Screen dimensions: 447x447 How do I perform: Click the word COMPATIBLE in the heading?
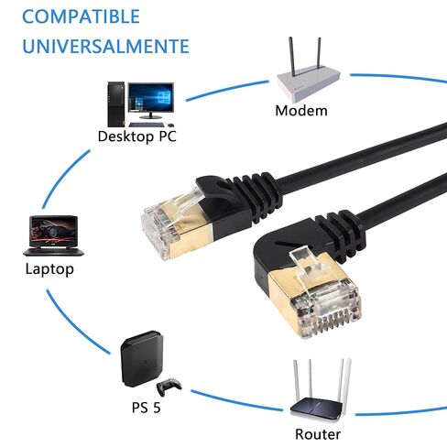(x=81, y=16)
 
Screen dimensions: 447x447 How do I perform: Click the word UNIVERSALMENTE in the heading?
(x=105, y=46)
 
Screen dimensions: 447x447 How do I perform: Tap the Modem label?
(x=301, y=111)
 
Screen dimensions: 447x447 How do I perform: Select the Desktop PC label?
(x=137, y=136)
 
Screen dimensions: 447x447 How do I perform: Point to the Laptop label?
(x=49, y=269)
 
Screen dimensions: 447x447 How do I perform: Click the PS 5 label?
(x=146, y=408)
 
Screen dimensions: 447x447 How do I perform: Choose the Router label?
(x=318, y=434)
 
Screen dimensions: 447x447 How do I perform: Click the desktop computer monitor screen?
(x=151, y=97)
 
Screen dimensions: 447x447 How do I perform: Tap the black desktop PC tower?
(x=116, y=104)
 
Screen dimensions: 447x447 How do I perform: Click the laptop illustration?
(x=53, y=235)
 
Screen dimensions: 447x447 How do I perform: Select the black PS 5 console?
(x=142, y=359)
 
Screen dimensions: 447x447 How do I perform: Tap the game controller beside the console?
(x=169, y=386)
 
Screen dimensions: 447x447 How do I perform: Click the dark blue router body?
(x=316, y=405)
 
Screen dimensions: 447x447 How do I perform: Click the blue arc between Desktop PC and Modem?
(x=226, y=90)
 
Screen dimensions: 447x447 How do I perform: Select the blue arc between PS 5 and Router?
(x=235, y=401)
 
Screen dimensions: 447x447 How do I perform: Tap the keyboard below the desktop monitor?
(x=147, y=125)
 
